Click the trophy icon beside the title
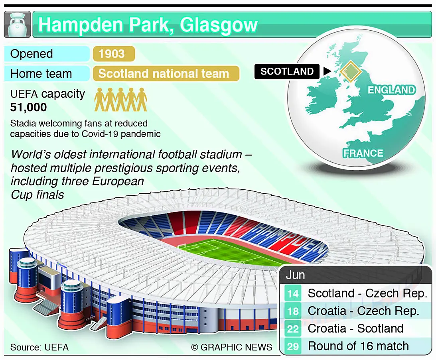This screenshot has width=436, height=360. (17, 24)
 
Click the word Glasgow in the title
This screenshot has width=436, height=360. (219, 26)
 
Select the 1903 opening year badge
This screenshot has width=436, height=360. (114, 54)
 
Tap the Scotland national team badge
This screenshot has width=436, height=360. (166, 74)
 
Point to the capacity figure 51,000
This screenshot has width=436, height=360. (28, 107)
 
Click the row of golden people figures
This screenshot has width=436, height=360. (121, 100)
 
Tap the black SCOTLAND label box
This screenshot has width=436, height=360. (287, 71)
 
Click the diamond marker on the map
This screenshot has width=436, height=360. (351, 71)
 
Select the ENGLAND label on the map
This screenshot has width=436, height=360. (392, 90)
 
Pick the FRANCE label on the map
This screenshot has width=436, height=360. (363, 153)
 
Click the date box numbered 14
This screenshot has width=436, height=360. (293, 293)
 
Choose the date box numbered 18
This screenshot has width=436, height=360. (293, 311)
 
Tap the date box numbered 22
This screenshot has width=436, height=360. (293, 329)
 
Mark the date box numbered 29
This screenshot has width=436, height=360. (293, 346)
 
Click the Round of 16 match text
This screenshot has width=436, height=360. (359, 346)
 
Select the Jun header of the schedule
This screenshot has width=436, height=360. (295, 275)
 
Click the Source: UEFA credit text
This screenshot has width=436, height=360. (39, 347)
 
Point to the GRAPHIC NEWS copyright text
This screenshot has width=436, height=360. (232, 347)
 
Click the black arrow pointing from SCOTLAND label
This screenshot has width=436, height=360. (327, 71)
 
